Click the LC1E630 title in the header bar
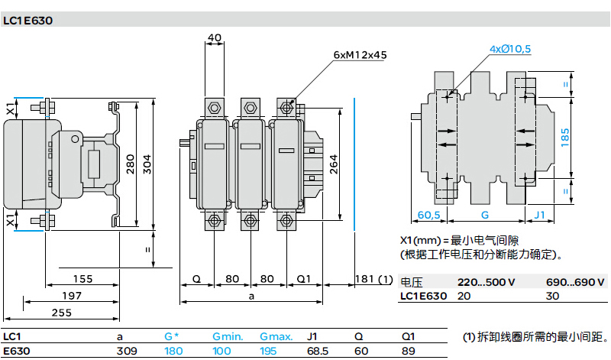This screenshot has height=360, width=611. (x=28, y=21)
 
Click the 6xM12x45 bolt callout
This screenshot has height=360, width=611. (x=360, y=55)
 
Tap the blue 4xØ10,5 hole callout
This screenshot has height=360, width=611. (x=509, y=49)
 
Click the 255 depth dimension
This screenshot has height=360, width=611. (x=61, y=312)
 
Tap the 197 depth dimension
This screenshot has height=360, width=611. (x=72, y=295)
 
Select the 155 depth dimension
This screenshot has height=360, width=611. (x=83, y=279)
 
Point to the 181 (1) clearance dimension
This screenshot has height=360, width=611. (x=374, y=279)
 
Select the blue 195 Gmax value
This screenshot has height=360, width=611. (x=269, y=351)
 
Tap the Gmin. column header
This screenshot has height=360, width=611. (x=228, y=336)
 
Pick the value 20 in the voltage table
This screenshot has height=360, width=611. (x=464, y=295)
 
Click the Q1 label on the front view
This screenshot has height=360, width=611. (x=302, y=279)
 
